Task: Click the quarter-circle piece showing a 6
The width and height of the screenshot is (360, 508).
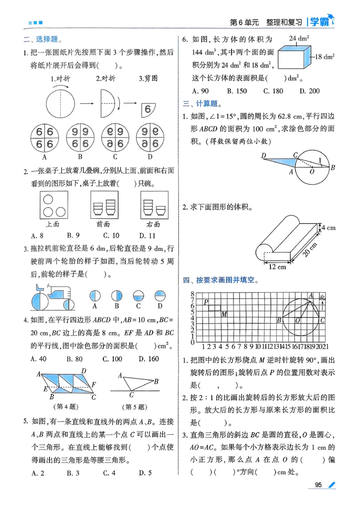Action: point(147,108)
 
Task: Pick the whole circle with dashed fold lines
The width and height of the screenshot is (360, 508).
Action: point(59,103)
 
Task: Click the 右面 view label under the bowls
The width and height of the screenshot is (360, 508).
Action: point(153,223)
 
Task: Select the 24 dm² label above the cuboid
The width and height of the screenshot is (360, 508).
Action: point(296,38)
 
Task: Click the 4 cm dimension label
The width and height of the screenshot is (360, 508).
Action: point(328,228)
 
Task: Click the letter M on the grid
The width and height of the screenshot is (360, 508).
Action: point(224,314)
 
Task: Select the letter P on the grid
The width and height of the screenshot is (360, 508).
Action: point(206,303)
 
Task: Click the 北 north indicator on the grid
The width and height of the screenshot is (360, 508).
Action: point(322,297)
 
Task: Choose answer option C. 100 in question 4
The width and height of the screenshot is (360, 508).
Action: point(112,358)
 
